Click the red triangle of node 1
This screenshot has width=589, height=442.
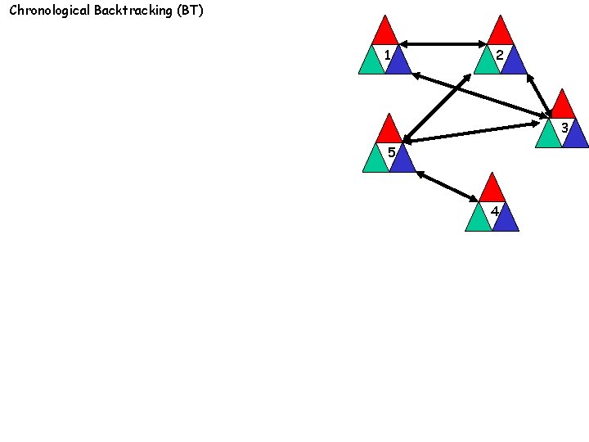(x=384, y=33)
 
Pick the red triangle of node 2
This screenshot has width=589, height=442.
(x=500, y=33)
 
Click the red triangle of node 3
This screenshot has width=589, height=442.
(x=563, y=106)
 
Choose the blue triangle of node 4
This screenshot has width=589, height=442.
(x=506, y=220)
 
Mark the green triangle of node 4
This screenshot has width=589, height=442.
(x=478, y=220)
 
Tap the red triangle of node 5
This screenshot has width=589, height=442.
(x=389, y=131)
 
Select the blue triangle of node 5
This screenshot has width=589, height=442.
(x=403, y=161)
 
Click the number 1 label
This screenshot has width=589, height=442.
(x=386, y=56)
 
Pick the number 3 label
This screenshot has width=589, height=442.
(x=564, y=128)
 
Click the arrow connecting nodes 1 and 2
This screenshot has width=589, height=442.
(x=442, y=43)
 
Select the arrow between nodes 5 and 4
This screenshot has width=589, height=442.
(x=447, y=186)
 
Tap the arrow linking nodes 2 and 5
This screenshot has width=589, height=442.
(x=436, y=108)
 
